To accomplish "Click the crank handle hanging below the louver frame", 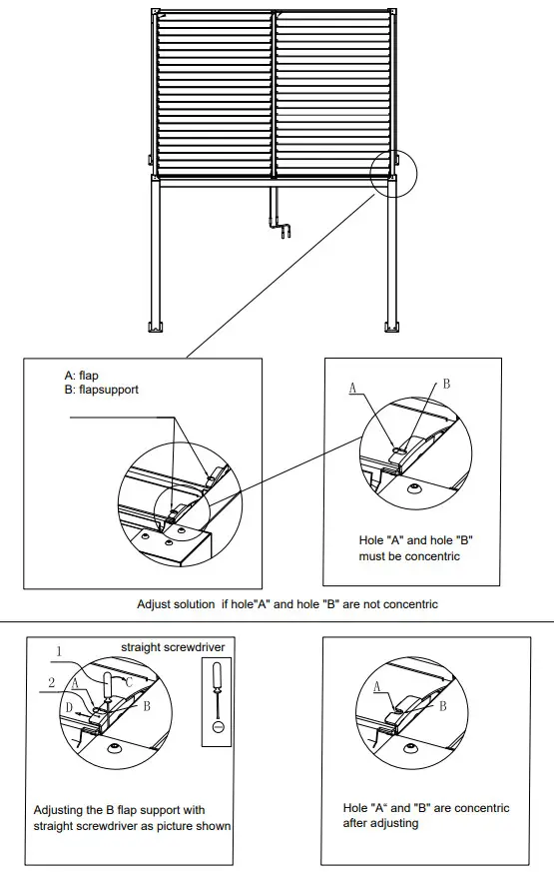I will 281,221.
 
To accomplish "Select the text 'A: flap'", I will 81,376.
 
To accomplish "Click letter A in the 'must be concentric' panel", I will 352,385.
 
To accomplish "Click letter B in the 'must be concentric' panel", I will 446,384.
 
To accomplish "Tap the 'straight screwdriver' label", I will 173,647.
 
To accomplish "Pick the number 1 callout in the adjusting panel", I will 58,650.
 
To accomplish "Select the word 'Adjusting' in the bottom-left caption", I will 58,810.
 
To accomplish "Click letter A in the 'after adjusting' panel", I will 377,686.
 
